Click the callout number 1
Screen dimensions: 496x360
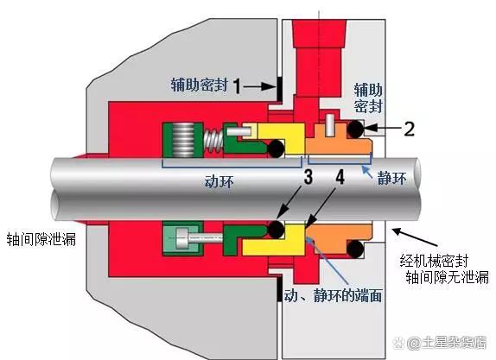238,86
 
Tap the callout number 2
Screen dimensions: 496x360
409,128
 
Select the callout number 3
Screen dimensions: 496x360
308,177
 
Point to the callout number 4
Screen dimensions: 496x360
340,177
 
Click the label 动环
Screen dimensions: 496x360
219,181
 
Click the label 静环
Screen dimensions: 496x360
391,179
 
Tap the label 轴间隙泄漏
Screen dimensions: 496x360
41,239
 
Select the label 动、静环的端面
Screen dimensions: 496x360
334,295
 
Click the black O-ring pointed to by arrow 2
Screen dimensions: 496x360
355,129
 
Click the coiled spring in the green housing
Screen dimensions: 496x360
183,139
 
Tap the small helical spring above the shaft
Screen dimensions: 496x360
213,141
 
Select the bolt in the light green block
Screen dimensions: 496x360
200,237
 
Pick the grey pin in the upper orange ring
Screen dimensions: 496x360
329,125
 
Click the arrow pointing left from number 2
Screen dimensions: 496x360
383,128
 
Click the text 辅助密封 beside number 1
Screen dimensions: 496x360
200,85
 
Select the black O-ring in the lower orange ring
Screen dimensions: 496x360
355,249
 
